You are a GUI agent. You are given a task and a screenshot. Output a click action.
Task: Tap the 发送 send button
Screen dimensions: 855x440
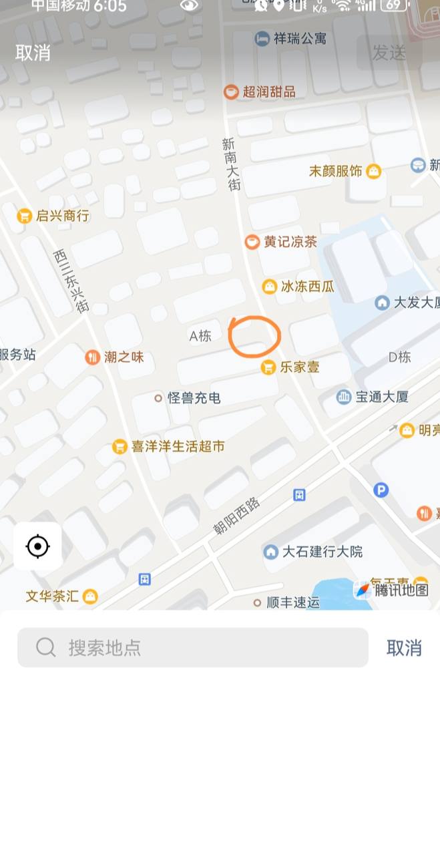pyautogui.click(x=389, y=53)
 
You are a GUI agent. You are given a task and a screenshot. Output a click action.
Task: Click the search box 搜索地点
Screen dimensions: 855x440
pyautogui.click(x=193, y=647)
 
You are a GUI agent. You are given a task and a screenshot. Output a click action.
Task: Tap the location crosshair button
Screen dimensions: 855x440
pyautogui.click(x=37, y=547)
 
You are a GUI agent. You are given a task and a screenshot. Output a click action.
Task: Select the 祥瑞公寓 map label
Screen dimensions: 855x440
pyautogui.click(x=291, y=39)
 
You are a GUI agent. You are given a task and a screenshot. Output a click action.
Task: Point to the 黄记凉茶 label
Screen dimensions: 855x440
pyautogui.click(x=282, y=242)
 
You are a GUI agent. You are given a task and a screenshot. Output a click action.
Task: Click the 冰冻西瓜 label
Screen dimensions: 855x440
pyautogui.click(x=298, y=287)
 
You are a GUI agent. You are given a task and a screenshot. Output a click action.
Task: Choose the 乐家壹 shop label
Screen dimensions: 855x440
pyautogui.click(x=291, y=367)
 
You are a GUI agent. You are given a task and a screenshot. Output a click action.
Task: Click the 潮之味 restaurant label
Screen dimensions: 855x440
pyautogui.click(x=116, y=357)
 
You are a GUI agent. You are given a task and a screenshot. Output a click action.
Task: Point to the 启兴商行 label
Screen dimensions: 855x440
pyautogui.click(x=54, y=216)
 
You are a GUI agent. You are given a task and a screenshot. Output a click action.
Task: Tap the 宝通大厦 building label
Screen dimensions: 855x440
pyautogui.click(x=373, y=397)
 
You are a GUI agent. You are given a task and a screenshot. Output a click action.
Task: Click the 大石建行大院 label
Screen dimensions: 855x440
pyautogui.click(x=314, y=552)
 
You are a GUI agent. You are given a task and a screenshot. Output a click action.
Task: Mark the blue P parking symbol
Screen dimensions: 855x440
pyautogui.click(x=381, y=490)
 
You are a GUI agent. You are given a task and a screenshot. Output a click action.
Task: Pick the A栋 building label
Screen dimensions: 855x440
pyautogui.click(x=200, y=336)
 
